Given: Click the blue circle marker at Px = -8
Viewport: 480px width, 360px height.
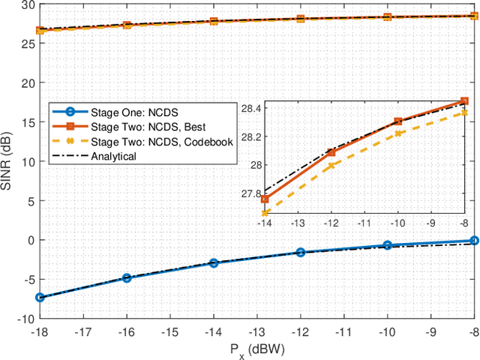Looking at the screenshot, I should [474, 241].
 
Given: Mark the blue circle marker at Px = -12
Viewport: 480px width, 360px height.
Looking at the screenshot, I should [301, 253].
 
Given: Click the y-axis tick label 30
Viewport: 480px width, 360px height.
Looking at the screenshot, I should [26, 5].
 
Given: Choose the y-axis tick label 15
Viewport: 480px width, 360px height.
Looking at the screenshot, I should [26, 122].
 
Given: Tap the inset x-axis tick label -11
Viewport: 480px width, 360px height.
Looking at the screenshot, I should [364, 223].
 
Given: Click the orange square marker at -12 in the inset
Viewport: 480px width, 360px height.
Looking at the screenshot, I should [331, 153].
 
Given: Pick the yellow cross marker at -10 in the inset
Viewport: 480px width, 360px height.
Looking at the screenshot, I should [397, 133].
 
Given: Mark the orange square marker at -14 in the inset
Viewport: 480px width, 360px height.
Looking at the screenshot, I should [265, 199].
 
